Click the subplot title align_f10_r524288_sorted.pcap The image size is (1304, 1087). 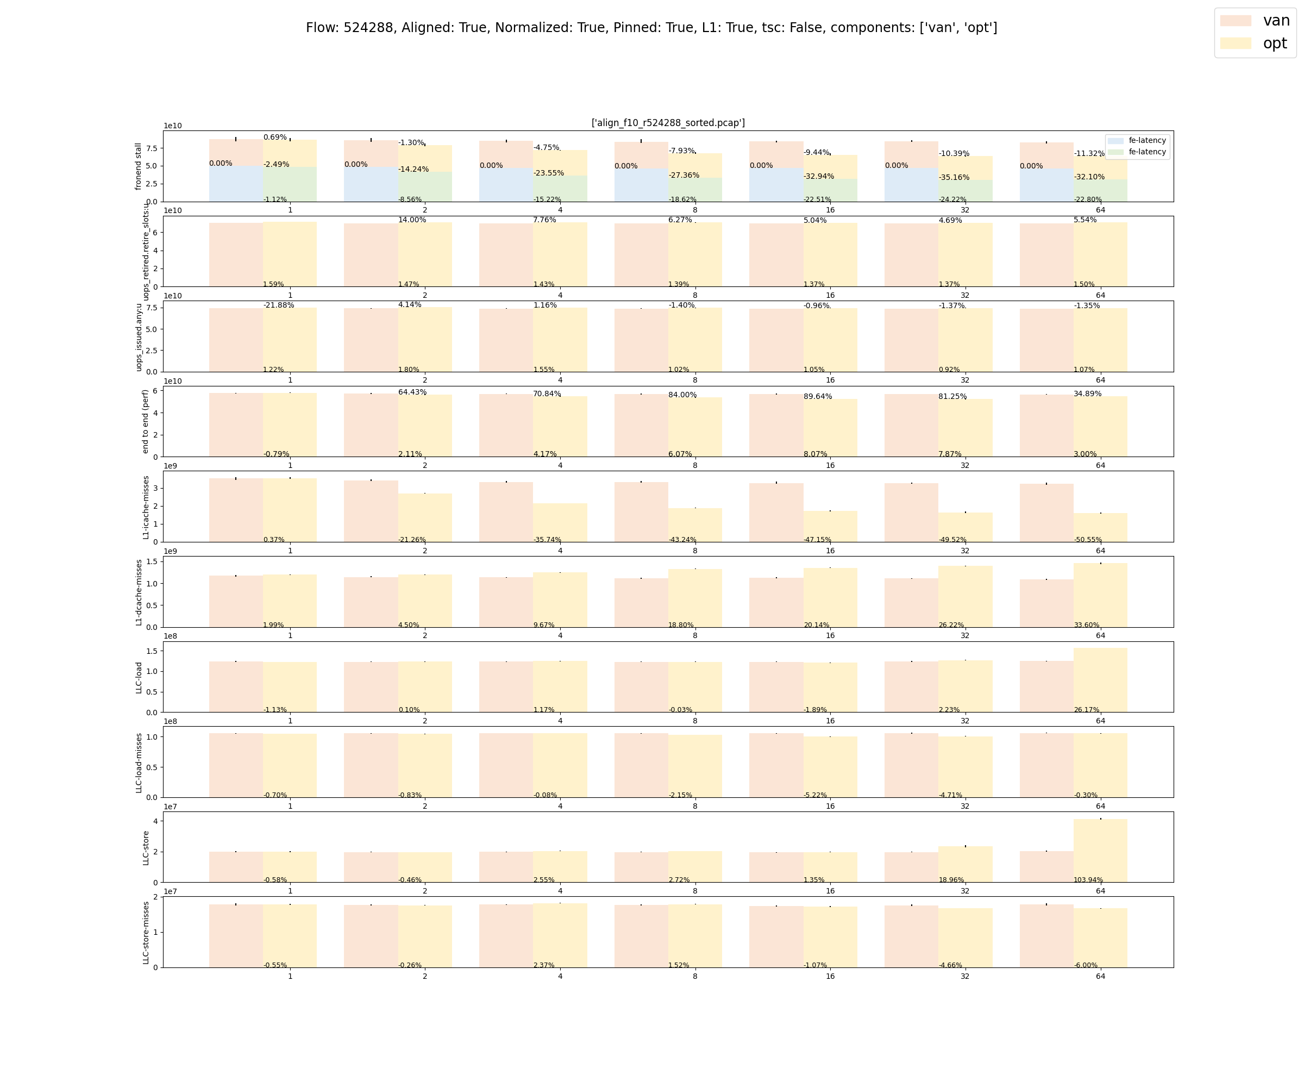point(668,123)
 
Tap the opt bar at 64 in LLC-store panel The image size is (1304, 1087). point(1100,851)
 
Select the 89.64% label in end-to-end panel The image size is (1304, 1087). point(818,396)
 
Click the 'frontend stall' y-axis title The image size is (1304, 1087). point(139,166)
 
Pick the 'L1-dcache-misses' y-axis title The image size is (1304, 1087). point(139,592)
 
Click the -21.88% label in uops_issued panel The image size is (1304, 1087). point(279,305)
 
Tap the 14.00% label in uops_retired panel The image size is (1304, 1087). point(412,220)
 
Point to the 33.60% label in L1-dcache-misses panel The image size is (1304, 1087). point(1087,625)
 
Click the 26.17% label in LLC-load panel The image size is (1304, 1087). point(1087,710)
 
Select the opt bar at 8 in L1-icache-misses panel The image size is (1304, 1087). point(695,525)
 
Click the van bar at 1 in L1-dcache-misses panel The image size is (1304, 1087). point(236,601)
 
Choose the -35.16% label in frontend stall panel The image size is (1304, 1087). point(954,178)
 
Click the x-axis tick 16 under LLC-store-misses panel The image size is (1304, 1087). point(830,976)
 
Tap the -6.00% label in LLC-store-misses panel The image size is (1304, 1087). point(1086,965)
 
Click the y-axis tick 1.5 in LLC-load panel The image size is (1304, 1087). point(152,651)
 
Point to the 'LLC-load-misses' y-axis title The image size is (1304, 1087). point(139,763)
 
